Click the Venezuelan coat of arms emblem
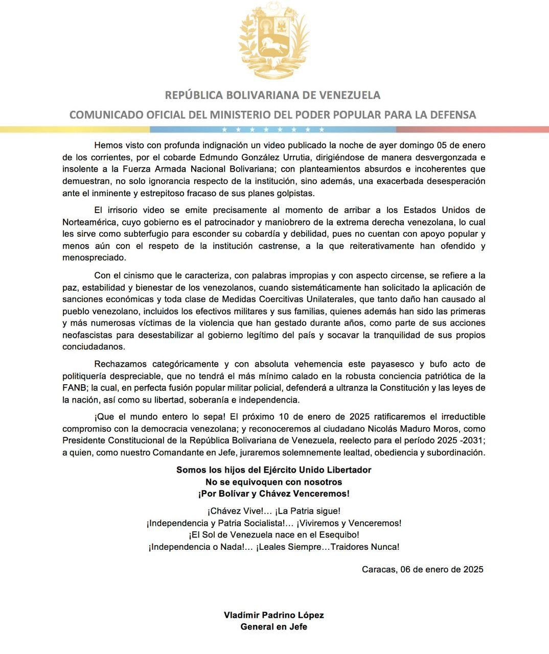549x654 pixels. (x=274, y=41)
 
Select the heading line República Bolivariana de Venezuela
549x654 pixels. (x=272, y=95)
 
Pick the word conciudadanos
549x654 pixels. (x=93, y=346)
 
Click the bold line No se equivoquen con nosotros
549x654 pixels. (x=274, y=482)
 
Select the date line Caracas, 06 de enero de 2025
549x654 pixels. (x=422, y=569)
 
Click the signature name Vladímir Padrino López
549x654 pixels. (x=274, y=615)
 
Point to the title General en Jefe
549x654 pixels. (x=274, y=627)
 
